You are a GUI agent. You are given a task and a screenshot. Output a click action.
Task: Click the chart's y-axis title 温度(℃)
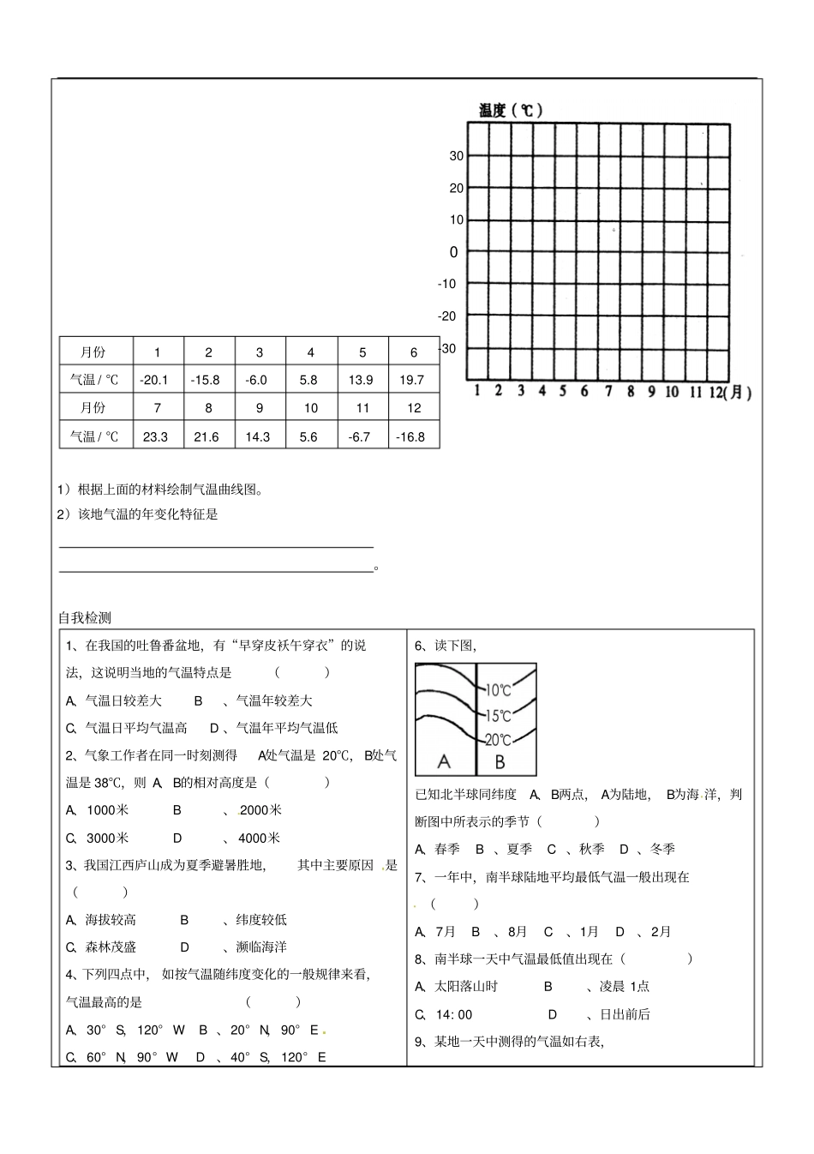tap(510, 110)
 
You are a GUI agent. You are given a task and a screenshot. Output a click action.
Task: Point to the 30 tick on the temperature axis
tap(456, 156)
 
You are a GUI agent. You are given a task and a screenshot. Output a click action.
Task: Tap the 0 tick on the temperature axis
tap(454, 252)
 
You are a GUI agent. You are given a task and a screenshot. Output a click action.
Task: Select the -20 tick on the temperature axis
tap(447, 316)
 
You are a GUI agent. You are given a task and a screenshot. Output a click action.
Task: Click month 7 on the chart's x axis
tap(608, 392)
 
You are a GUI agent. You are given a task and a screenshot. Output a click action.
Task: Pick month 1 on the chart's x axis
tap(478, 392)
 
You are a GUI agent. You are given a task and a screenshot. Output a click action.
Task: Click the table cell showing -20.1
tap(155, 380)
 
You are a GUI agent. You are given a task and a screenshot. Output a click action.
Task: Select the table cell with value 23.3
tap(155, 436)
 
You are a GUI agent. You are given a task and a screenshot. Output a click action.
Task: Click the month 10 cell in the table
tap(310, 408)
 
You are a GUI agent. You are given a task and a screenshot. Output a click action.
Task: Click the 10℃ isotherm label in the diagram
tap(499, 690)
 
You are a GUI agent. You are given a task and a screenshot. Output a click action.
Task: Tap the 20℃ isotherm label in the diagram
tap(499, 740)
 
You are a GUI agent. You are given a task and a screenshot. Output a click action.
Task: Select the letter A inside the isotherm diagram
tap(444, 761)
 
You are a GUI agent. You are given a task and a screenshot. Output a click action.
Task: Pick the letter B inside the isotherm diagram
tap(500, 761)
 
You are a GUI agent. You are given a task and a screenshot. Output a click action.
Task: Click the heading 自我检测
tap(85, 617)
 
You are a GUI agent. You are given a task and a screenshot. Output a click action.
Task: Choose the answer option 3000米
tap(107, 838)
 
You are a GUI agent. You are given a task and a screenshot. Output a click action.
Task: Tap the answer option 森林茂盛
tap(111, 947)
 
